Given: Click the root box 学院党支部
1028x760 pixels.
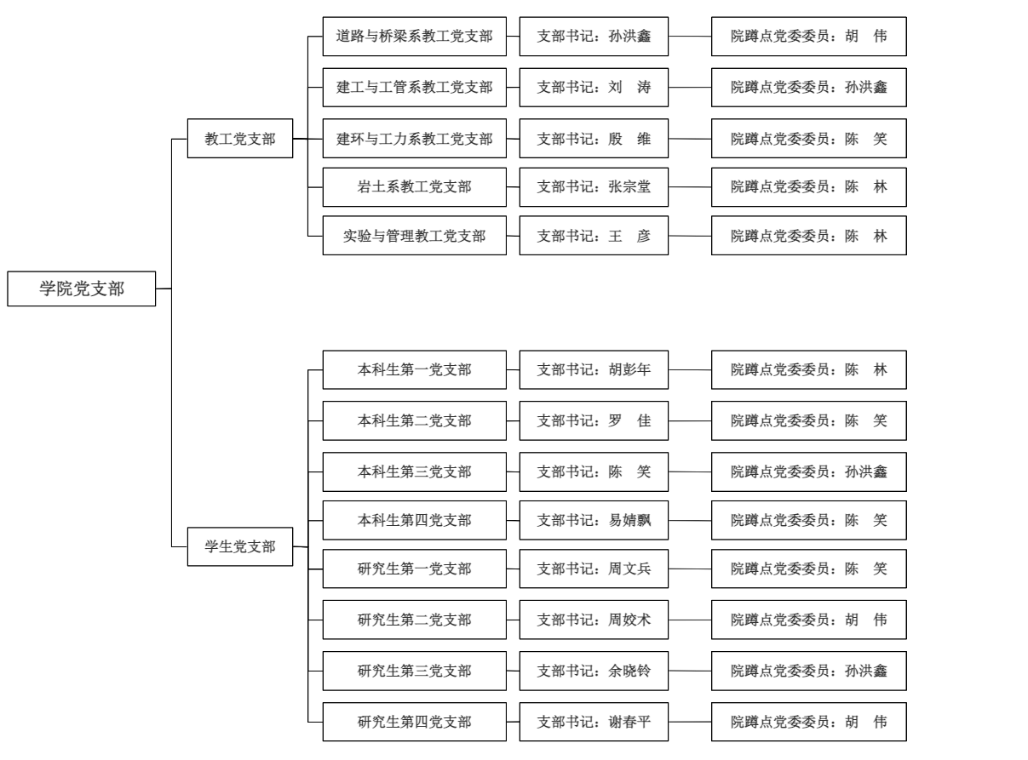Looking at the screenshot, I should click(x=82, y=289).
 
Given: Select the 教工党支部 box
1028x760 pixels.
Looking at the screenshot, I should click(x=240, y=138).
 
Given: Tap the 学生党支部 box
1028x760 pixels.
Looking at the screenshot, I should click(x=240, y=546).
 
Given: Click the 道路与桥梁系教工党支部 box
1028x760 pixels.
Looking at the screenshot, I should click(x=414, y=37).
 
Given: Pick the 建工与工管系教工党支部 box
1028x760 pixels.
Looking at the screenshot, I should click(x=414, y=87).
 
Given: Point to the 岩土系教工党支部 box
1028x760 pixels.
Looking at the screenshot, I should click(x=414, y=186).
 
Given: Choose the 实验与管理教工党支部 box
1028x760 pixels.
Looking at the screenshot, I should click(x=414, y=236).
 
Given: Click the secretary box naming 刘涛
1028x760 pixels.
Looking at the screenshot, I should click(x=594, y=87).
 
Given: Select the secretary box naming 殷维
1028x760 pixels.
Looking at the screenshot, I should click(x=594, y=138).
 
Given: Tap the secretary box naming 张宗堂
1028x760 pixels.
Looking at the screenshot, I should click(x=594, y=186).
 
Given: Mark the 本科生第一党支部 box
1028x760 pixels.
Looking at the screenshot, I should click(x=414, y=370).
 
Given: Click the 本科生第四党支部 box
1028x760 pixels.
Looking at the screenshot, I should click(x=414, y=520).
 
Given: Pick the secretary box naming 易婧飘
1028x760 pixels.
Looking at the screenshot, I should click(x=594, y=520).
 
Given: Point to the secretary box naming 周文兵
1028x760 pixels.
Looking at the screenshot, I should click(x=594, y=569).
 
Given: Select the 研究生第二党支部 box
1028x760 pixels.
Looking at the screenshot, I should click(x=414, y=620).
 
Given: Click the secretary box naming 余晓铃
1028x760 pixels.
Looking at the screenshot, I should click(x=594, y=671).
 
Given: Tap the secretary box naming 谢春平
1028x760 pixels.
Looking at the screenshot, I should click(x=594, y=722).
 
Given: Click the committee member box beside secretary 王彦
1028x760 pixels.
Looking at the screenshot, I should click(x=809, y=236).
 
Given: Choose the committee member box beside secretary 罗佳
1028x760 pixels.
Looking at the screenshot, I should click(x=809, y=420).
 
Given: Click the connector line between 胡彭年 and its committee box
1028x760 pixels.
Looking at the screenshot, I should click(x=690, y=370).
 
